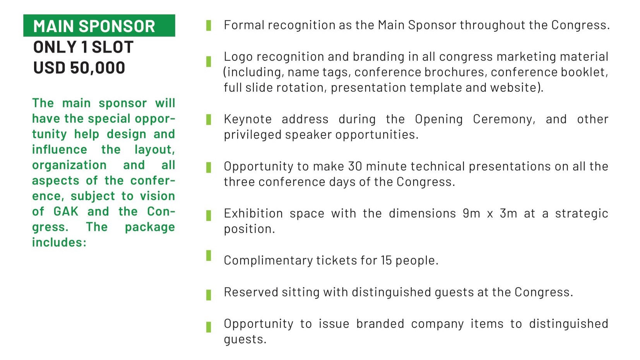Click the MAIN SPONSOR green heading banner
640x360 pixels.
pyautogui.click(x=99, y=26)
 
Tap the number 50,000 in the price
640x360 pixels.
pyautogui.click(x=98, y=68)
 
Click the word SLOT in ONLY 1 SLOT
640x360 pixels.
pyautogui.click(x=112, y=47)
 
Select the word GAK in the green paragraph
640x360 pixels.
pyautogui.click(x=66, y=212)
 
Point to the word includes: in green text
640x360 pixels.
pyautogui.click(x=59, y=242)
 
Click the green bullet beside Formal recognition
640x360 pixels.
pyautogui.click(x=209, y=26)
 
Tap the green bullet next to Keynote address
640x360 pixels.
pyautogui.click(x=209, y=120)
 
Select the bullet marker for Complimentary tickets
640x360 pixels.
pyautogui.click(x=209, y=255)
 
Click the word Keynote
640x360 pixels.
pyautogui.click(x=248, y=119)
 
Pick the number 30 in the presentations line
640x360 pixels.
pyautogui.click(x=355, y=166)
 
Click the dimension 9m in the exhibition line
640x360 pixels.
pyautogui.click(x=471, y=214)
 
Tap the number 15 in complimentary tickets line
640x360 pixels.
pyautogui.click(x=386, y=261)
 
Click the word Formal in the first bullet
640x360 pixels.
pyautogui.click(x=244, y=25)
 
